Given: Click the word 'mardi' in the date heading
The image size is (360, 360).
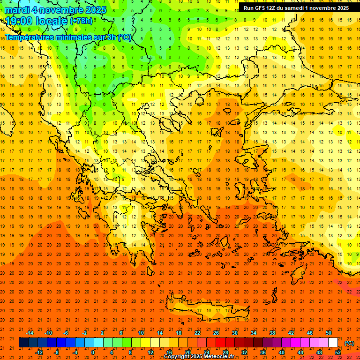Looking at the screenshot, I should (17, 10).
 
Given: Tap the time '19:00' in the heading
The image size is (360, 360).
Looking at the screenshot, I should (19, 21).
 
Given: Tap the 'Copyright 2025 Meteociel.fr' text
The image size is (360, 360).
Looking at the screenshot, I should (199, 357).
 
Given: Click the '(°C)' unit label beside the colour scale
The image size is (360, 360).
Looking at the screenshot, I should (349, 343).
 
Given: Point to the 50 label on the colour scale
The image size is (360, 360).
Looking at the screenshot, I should (329, 333).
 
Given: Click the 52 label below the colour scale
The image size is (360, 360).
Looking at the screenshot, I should (338, 352).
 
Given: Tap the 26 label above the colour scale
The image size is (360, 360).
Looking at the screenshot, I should (216, 333).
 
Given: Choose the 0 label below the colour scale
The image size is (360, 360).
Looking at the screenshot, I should (93, 352).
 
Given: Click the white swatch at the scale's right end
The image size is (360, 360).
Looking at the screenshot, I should (333, 343).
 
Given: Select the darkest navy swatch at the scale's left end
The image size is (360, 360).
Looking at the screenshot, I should (24, 343).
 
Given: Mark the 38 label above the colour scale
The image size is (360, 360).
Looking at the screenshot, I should (272, 333).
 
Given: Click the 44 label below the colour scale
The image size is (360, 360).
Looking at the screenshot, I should (300, 352).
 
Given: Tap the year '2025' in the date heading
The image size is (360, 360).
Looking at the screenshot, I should (92, 10).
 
